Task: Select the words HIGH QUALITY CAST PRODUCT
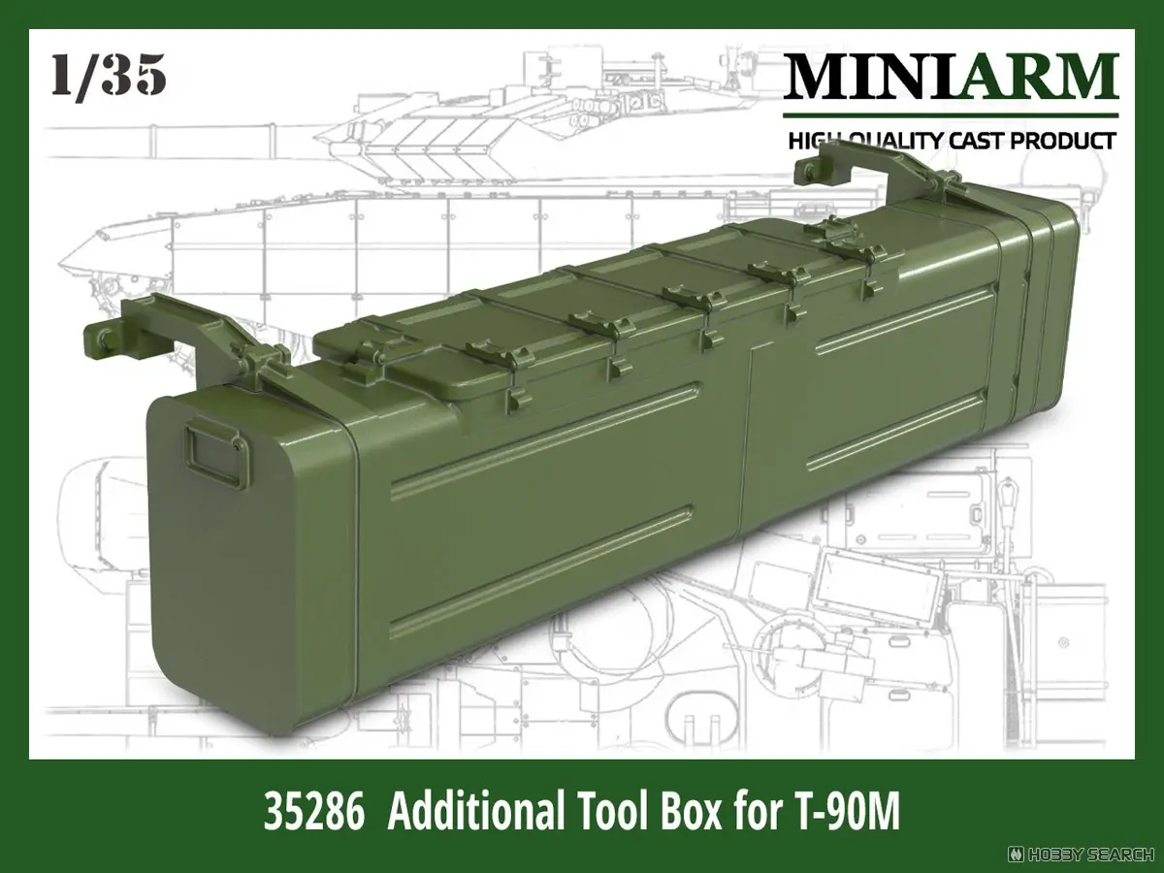pos(951,141)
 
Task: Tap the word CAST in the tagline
pos(970,141)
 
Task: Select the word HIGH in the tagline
pos(810,141)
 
